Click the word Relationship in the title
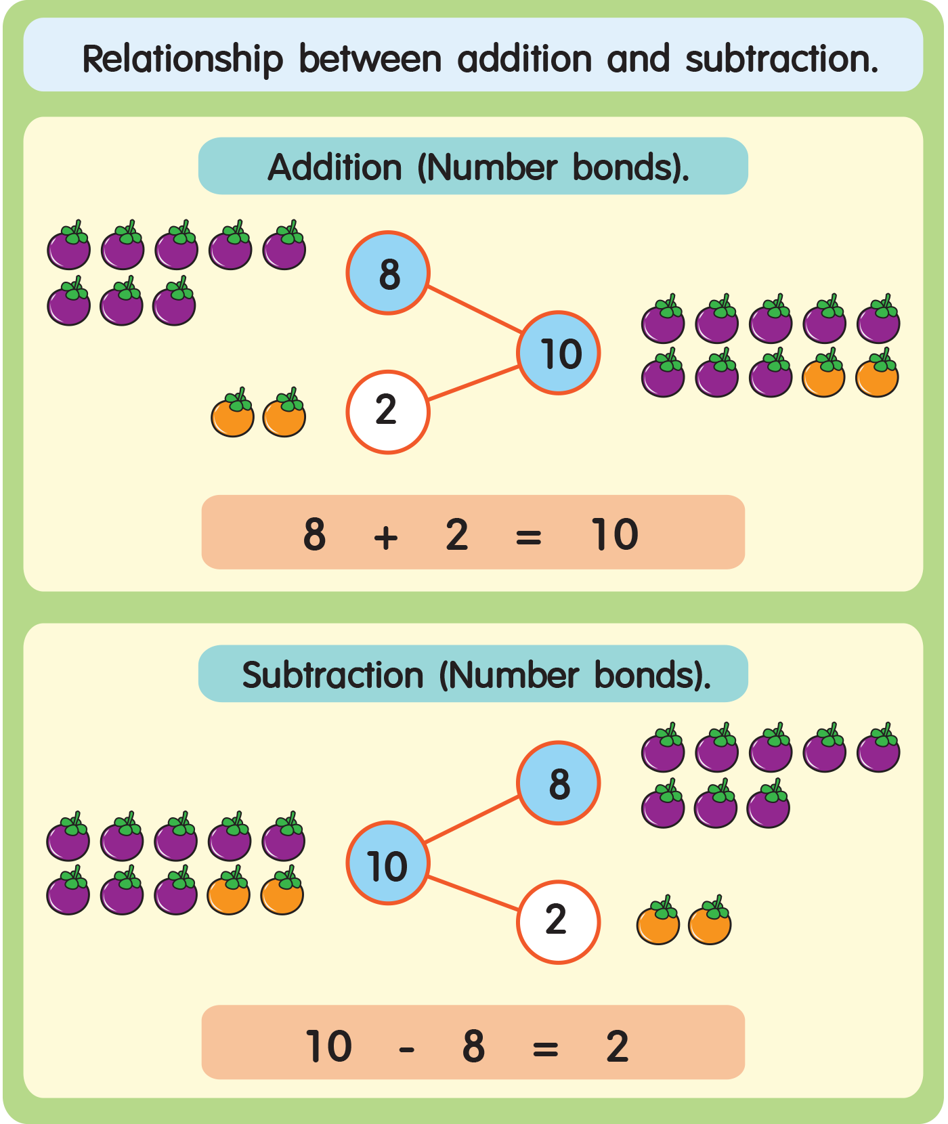point(182,60)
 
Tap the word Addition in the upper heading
point(335,167)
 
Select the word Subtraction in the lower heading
point(332,675)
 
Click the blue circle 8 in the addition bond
point(388,273)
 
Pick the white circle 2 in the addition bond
point(388,412)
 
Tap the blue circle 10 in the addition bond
point(559,353)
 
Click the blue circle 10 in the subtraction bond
point(388,863)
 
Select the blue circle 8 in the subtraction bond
point(559,783)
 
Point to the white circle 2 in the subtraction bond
point(559,922)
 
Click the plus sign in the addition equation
point(386,538)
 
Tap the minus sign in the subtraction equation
point(406,1050)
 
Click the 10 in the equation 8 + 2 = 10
point(614,534)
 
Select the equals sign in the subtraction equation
point(545,1050)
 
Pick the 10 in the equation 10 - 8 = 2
point(328,1046)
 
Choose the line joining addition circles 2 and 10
point(474,383)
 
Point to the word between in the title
point(370,60)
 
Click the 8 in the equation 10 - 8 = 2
point(473,1046)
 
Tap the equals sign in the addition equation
point(528,538)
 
